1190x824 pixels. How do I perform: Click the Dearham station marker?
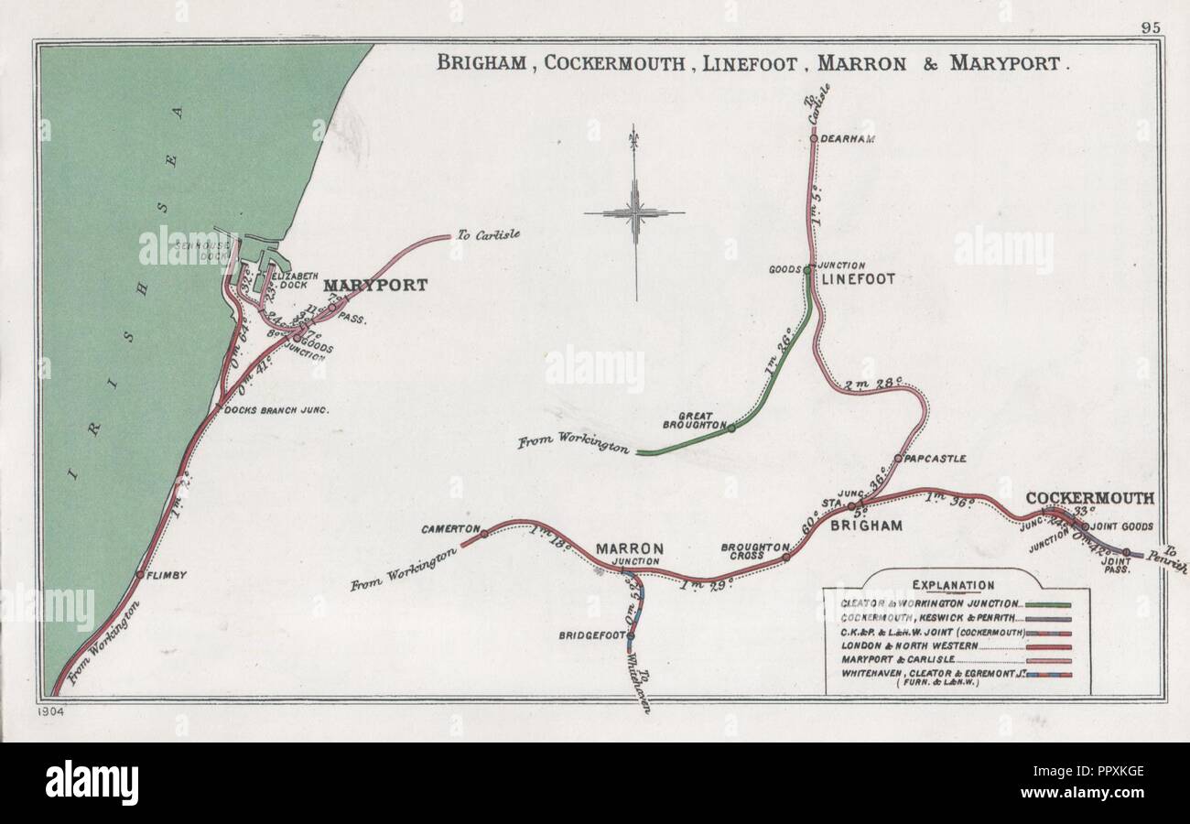click(x=813, y=139)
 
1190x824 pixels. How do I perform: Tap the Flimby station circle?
click(x=139, y=574)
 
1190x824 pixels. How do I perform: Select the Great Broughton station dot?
click(x=730, y=428)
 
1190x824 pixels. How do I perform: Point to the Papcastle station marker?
click(x=898, y=458)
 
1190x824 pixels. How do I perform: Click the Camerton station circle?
click(x=484, y=533)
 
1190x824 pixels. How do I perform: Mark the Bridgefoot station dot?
click(x=631, y=635)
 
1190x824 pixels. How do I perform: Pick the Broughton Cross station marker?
click(x=785, y=556)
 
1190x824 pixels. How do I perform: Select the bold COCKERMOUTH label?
click(x=1089, y=498)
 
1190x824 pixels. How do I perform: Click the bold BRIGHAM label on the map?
click(x=866, y=526)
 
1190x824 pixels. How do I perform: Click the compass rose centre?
click(x=635, y=213)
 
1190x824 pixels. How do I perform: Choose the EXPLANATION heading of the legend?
click(x=953, y=585)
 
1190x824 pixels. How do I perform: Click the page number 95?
click(x=1151, y=27)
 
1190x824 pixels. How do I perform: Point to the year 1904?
click(x=52, y=710)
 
